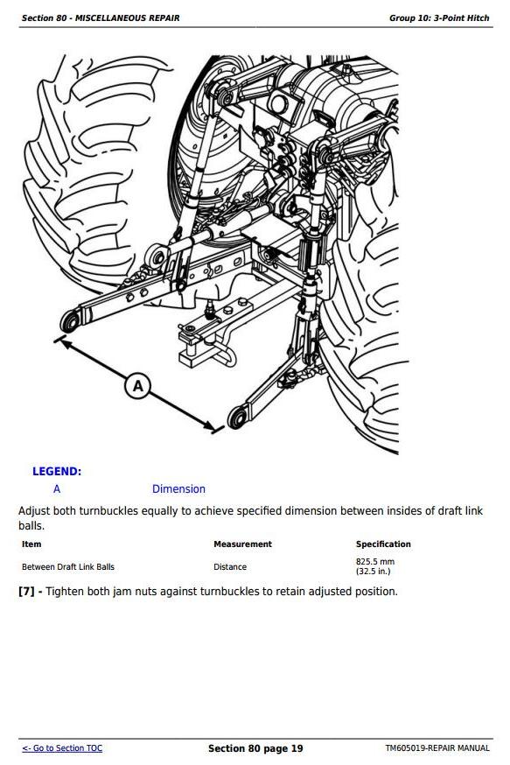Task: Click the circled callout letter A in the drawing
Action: pyautogui.click(x=137, y=386)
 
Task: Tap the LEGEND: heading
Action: pyautogui.click(x=57, y=471)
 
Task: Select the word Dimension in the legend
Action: pyautogui.click(x=178, y=489)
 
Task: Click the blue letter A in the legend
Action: pyautogui.click(x=57, y=489)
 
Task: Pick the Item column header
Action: pyautogui.click(x=31, y=544)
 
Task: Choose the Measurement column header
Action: pyautogui.click(x=242, y=544)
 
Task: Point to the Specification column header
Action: pyautogui.click(x=383, y=544)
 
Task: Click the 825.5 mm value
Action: pyautogui.click(x=375, y=562)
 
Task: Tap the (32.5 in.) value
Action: pyautogui.click(x=373, y=572)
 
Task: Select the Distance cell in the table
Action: pyautogui.click(x=230, y=567)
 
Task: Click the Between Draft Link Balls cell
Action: pyautogui.click(x=68, y=567)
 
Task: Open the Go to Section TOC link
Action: pyautogui.click(x=62, y=747)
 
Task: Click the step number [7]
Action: pyautogui.click(x=26, y=592)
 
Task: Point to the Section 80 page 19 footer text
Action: pyautogui.click(x=255, y=748)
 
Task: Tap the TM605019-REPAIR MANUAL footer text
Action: pyautogui.click(x=437, y=747)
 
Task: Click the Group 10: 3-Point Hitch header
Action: pyautogui.click(x=439, y=18)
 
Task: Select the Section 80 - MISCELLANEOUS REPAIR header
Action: pyautogui.click(x=101, y=18)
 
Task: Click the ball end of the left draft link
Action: pyautogui.click(x=71, y=320)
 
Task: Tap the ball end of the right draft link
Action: pyautogui.click(x=237, y=418)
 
